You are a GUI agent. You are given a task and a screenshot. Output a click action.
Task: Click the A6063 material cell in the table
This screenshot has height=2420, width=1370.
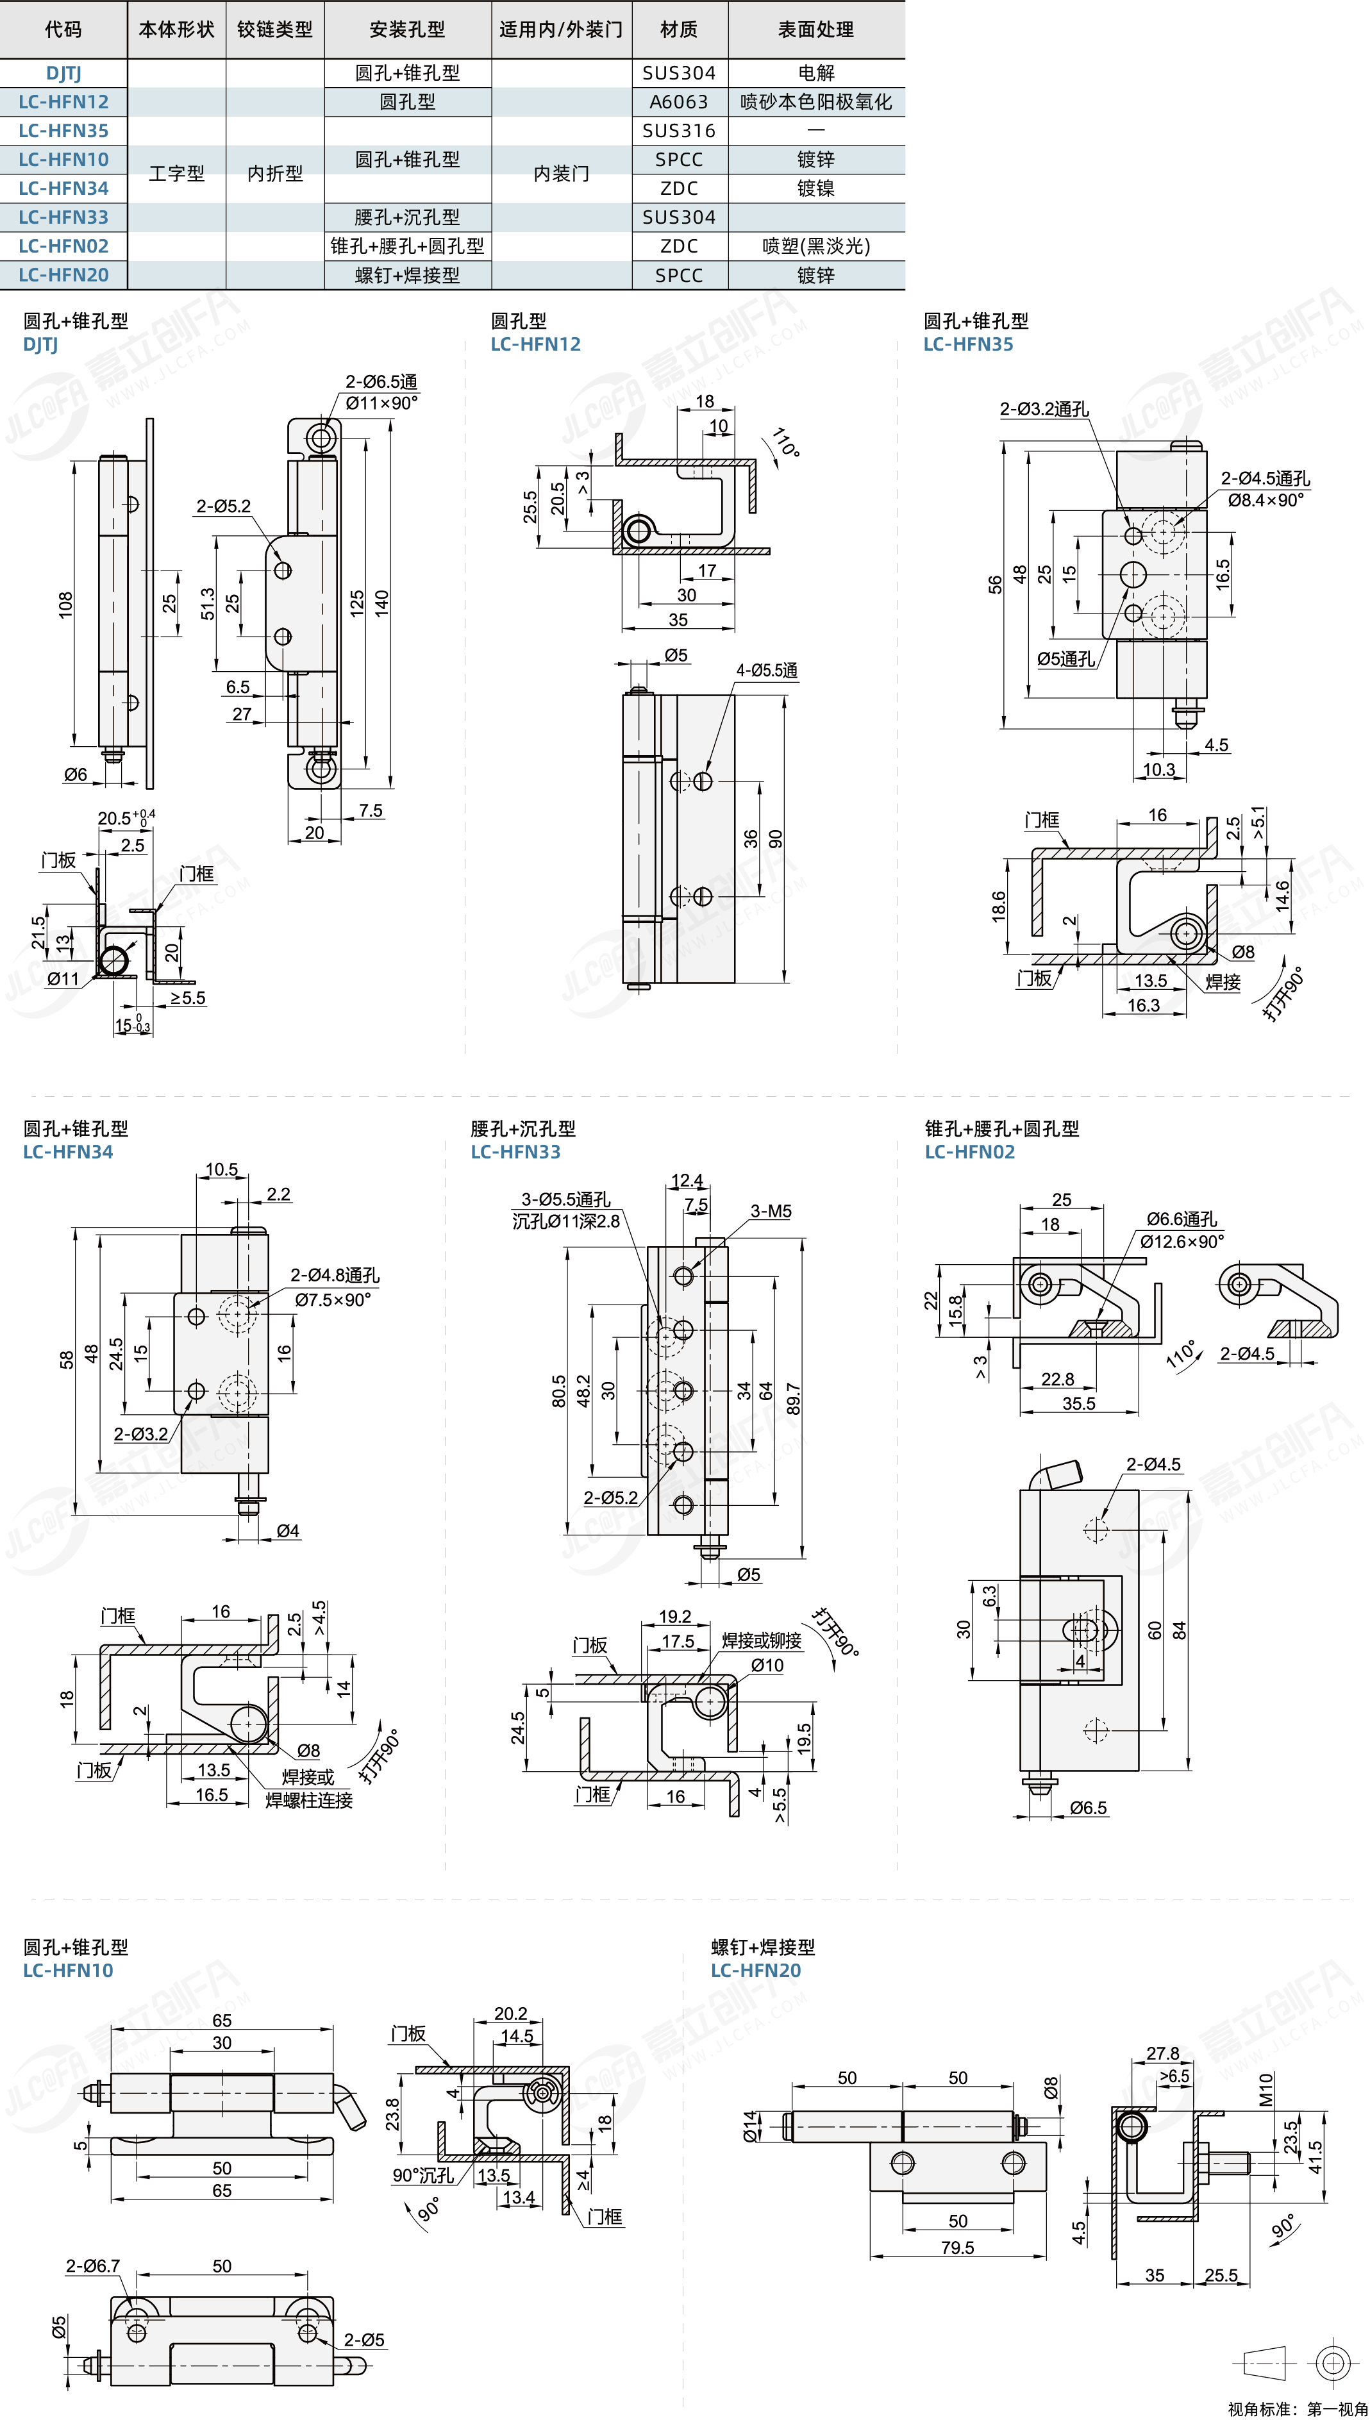[678, 102]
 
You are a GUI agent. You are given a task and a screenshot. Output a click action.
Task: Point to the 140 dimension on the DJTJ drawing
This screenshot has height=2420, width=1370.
[381, 602]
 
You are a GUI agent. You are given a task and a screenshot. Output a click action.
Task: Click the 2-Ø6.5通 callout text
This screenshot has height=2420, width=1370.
[381, 381]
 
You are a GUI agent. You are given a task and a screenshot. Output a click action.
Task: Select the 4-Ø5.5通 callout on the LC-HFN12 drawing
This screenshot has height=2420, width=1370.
[766, 670]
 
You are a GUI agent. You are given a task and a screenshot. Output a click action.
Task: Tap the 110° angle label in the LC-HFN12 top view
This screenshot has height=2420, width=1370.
[786, 442]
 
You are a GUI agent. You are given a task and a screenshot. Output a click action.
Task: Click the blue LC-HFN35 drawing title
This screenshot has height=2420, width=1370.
[967, 344]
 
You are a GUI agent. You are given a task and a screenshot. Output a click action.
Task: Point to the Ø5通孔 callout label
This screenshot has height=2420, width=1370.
[1065, 658]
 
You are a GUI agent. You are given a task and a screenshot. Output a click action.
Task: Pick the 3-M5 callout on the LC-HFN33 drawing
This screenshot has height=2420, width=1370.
[771, 1211]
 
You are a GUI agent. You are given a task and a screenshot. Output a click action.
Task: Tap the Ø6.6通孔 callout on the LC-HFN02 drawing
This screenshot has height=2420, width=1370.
[1181, 1219]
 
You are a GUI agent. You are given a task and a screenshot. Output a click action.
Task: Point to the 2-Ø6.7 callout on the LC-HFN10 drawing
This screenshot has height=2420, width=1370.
[92, 2266]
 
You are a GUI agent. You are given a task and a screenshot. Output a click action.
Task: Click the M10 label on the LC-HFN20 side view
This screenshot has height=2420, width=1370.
[1266, 2089]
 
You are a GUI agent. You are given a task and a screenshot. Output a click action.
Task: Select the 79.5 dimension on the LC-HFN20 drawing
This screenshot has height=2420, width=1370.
[957, 2248]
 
